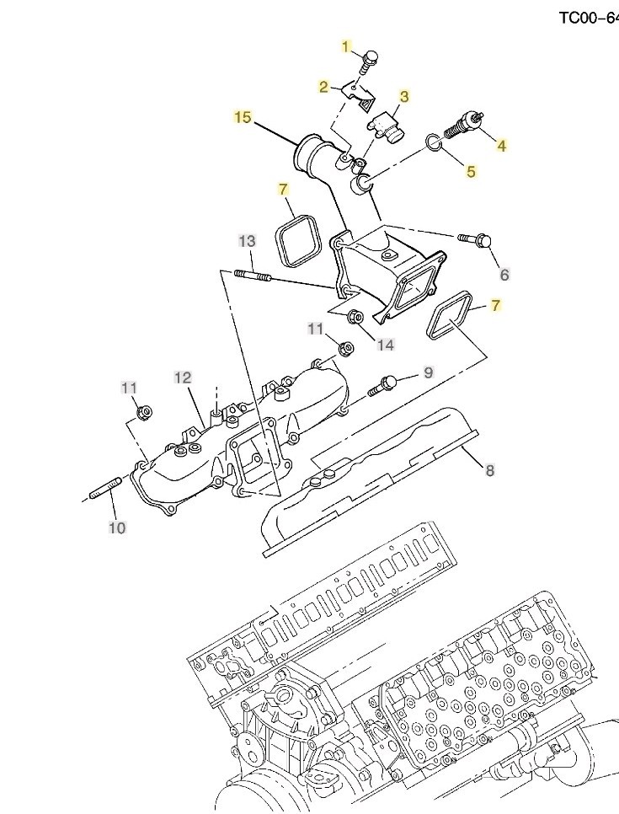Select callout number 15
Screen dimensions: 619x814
click(x=243, y=118)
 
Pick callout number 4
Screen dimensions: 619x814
click(x=501, y=146)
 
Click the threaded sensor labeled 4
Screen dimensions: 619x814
click(x=464, y=125)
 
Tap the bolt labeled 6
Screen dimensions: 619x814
click(x=475, y=240)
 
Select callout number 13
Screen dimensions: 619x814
click(x=248, y=241)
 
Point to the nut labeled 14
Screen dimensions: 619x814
click(x=356, y=316)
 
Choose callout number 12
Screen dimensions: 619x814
click(x=183, y=378)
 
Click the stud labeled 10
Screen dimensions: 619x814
click(x=106, y=489)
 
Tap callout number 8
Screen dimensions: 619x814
click(x=490, y=470)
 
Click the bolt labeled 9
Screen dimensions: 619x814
click(x=384, y=386)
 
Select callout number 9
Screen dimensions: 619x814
click(x=428, y=372)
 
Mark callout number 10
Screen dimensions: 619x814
click(x=117, y=528)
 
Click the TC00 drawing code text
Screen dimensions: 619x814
click(x=589, y=19)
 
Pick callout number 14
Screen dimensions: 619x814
click(x=386, y=345)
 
